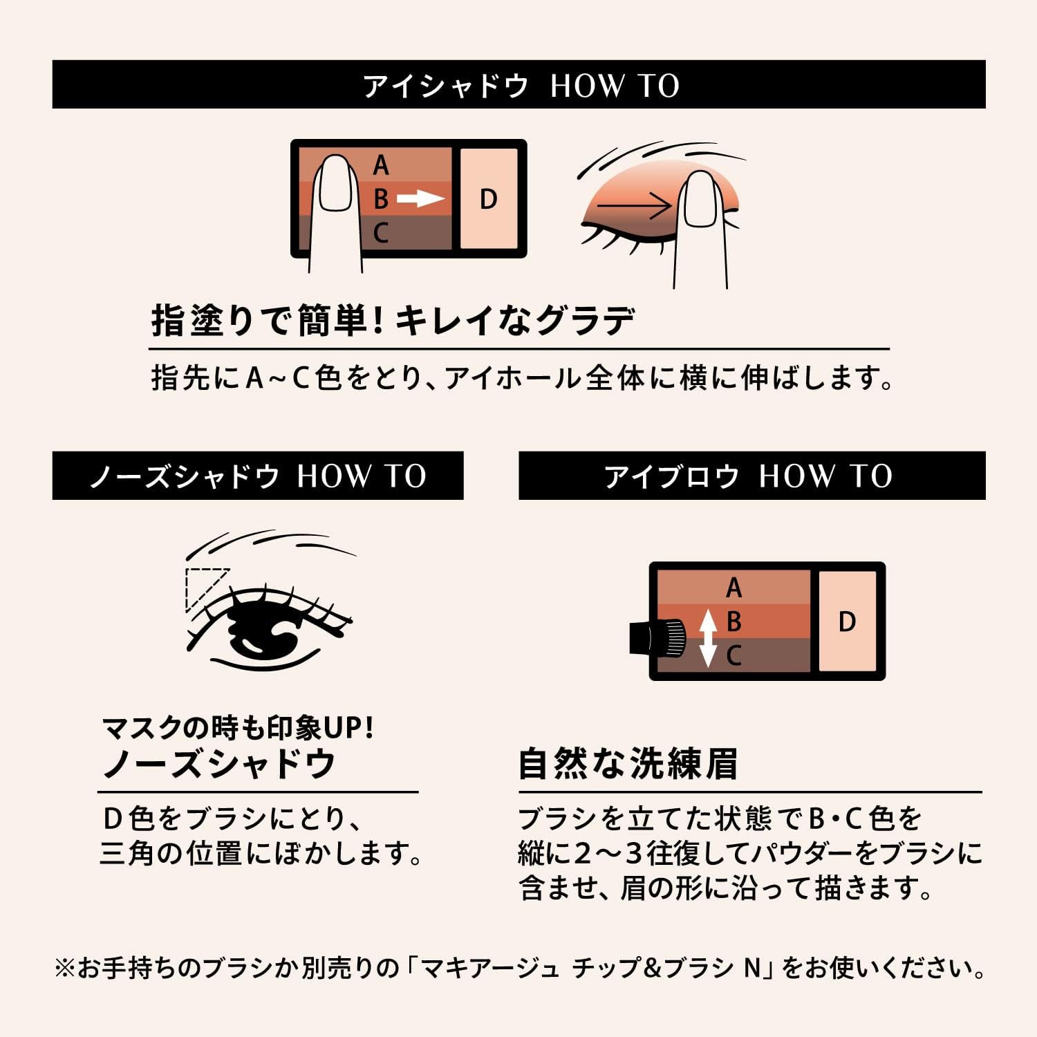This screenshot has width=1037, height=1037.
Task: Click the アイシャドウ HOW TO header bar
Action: (518, 85)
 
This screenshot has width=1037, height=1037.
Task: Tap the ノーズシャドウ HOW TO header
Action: (257, 476)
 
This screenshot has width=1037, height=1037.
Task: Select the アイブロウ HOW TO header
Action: (751, 476)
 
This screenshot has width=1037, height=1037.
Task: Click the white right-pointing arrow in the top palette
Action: (420, 199)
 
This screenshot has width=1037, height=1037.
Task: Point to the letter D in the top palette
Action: (488, 199)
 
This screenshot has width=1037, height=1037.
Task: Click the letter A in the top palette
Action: (381, 166)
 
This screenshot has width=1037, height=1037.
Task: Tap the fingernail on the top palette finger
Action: (337, 183)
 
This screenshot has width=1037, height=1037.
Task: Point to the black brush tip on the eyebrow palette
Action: (657, 636)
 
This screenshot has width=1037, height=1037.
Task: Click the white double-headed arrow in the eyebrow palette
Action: (707, 637)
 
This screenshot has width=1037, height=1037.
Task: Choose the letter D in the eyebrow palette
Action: (847, 622)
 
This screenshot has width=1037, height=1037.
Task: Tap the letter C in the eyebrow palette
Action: (734, 655)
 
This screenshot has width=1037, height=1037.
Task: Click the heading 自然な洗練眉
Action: (628, 764)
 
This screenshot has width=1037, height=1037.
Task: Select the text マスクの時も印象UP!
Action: (238, 727)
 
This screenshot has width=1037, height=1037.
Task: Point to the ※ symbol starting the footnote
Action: (64, 968)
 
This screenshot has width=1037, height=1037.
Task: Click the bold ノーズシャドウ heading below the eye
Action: (218, 764)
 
